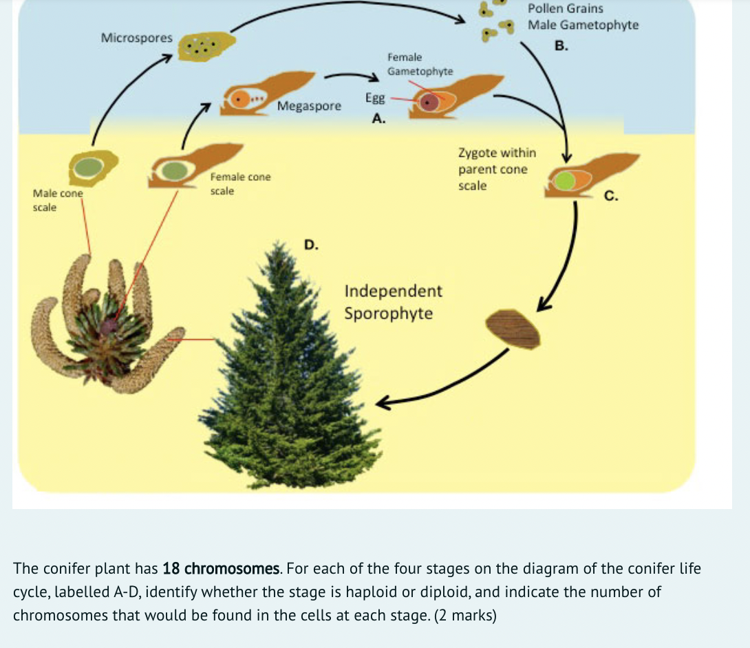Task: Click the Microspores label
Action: point(137,38)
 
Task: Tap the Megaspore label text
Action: point(309,106)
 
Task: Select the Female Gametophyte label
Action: point(420,64)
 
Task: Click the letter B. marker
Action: point(561,45)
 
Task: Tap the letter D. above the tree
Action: point(311,244)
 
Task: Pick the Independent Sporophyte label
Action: point(393,302)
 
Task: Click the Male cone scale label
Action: point(58,200)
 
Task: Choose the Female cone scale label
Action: point(240,184)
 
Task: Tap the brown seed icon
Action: point(513,330)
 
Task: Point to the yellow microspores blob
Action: point(206,46)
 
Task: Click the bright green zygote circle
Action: point(565,181)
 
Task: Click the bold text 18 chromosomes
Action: point(222,569)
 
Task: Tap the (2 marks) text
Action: point(465,615)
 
